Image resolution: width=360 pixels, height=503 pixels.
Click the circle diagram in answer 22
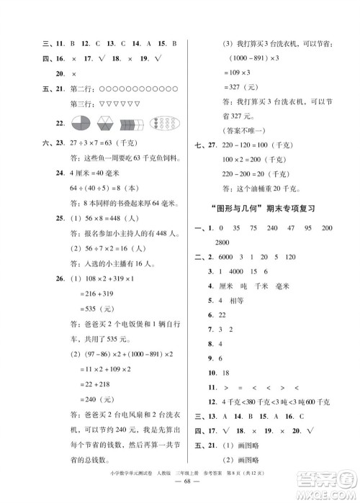click(63, 122)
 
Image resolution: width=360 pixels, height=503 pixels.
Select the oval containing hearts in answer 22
click(163, 122)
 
